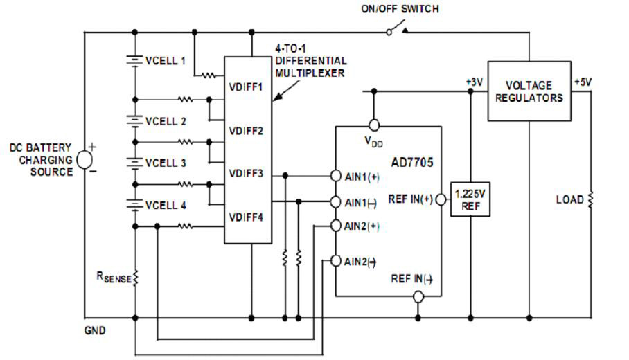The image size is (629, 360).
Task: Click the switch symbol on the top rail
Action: pos(396,31)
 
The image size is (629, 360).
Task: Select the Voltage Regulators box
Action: pos(529,91)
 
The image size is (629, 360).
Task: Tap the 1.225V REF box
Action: pos(470,199)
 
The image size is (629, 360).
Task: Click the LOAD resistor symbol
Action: pos(590,200)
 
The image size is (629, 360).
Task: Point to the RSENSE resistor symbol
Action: pos(135,278)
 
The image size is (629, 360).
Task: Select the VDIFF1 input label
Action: pos(245,88)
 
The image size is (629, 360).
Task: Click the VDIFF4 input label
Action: pos(245,217)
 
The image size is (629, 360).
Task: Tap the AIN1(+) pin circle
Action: pos(336,176)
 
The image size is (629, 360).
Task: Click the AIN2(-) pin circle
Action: pos(336,261)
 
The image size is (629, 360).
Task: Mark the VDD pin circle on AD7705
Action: pos(374,125)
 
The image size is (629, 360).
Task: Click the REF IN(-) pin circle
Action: pos(417,297)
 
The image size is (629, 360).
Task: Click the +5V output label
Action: pos(583,81)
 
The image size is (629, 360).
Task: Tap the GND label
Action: pos(95,330)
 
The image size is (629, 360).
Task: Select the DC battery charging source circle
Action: pos(85,159)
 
